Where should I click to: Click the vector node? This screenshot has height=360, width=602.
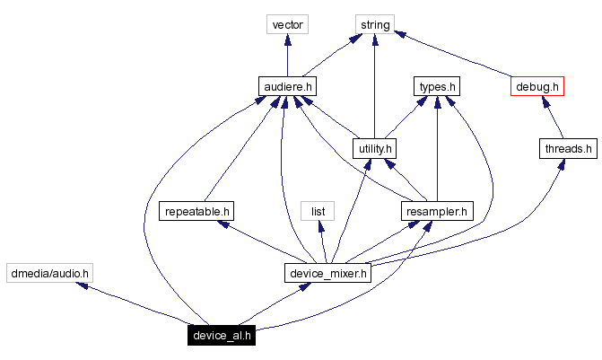coord(287,24)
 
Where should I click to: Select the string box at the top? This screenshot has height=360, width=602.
coord(374,24)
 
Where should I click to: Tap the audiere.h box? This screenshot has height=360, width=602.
coord(287,86)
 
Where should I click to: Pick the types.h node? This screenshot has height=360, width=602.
coord(436,86)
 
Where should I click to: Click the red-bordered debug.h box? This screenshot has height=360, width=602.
coord(537,86)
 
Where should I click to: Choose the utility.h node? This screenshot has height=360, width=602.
coord(374,148)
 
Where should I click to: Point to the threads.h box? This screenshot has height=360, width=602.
coord(567,148)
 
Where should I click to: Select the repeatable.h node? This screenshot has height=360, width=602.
coord(196,211)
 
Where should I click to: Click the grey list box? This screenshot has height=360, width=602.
coord(318,211)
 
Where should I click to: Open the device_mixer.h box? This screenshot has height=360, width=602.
coord(327,273)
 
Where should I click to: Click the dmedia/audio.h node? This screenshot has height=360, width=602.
coord(49,273)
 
